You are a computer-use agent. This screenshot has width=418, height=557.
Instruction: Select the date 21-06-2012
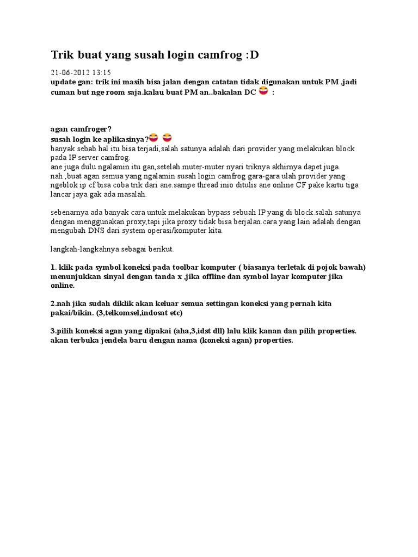[x=69, y=72]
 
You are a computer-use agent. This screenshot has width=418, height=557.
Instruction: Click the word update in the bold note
[x=63, y=82]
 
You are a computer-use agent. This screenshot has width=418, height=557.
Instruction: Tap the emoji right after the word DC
[x=263, y=91]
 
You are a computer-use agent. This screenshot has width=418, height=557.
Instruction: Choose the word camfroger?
[x=90, y=129]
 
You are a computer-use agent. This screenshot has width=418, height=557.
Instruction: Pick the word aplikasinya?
[x=127, y=139]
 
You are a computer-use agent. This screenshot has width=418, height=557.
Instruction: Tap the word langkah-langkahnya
[x=91, y=249]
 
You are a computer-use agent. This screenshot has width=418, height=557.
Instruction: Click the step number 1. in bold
[x=53, y=267]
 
